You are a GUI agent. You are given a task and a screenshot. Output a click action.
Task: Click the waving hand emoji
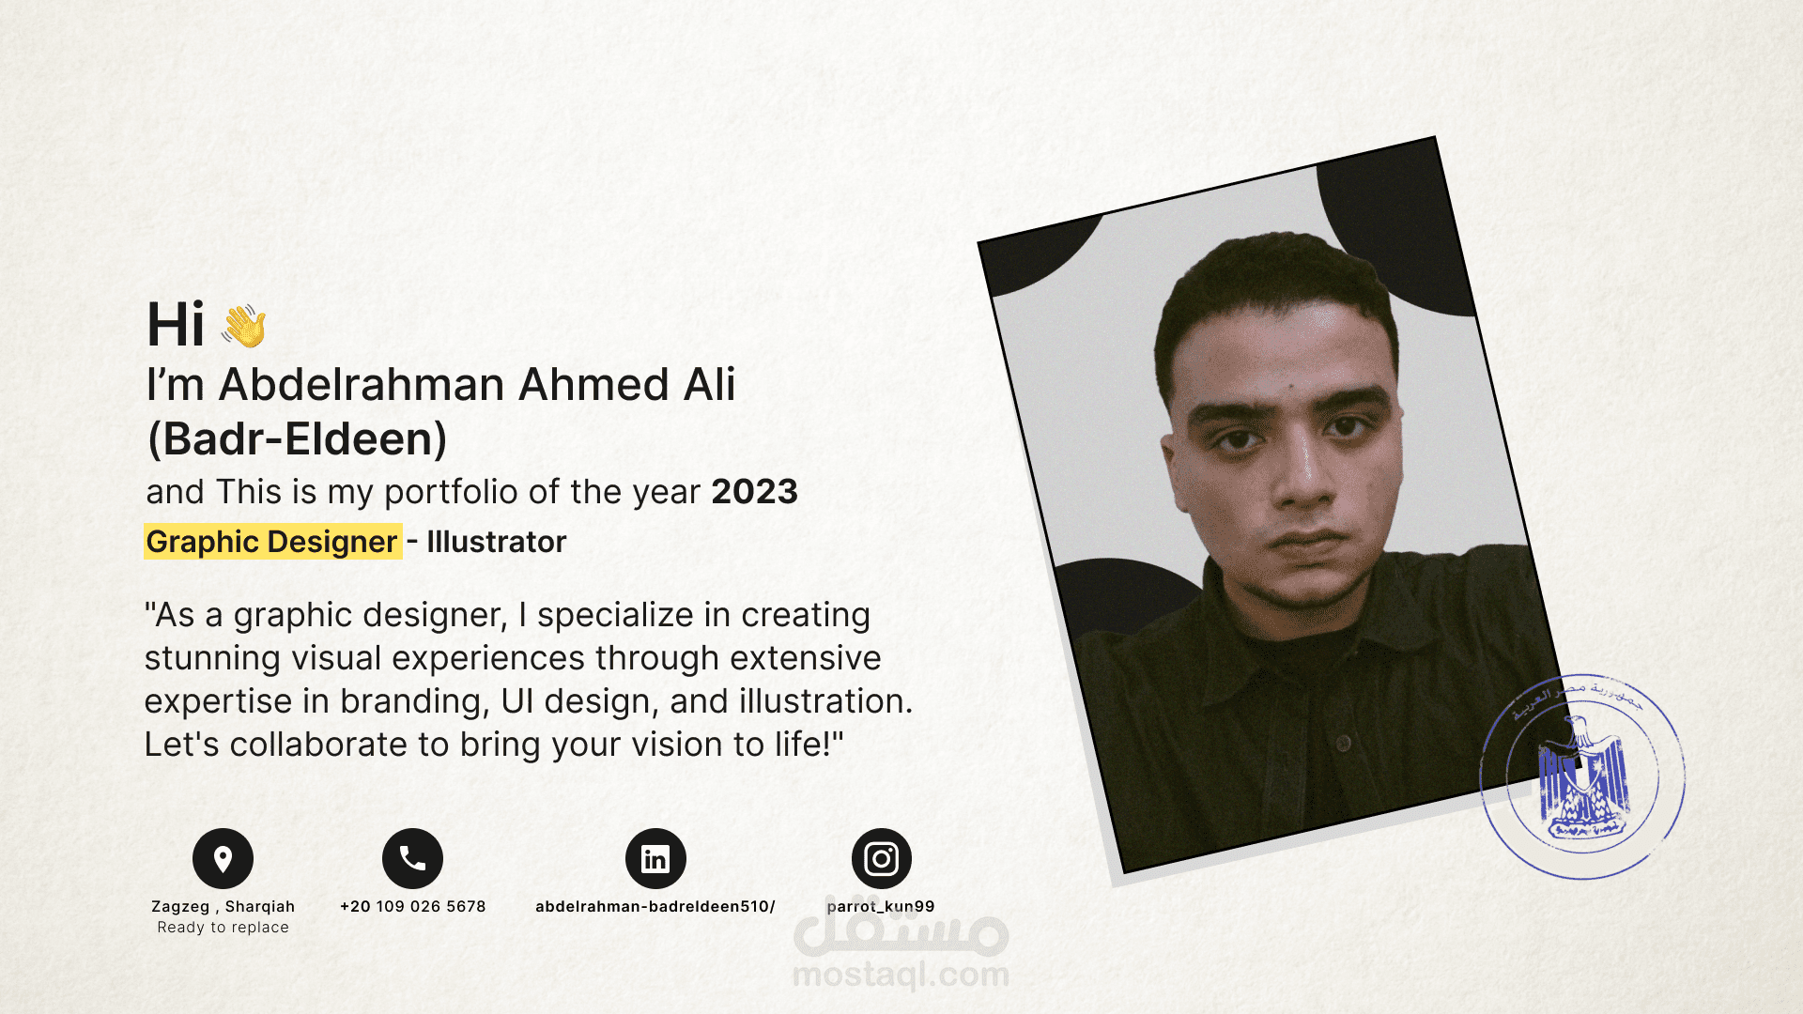(x=244, y=326)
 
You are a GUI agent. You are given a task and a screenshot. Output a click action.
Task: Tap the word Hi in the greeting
(x=176, y=326)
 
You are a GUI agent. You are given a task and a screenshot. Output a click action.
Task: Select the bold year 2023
(x=754, y=492)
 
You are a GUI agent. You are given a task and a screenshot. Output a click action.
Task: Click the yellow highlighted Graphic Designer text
(x=272, y=542)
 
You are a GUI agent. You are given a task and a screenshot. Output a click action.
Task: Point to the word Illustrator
(x=497, y=542)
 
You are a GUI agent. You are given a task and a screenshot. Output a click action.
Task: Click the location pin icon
(x=223, y=858)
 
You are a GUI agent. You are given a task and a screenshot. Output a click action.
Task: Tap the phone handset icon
(x=412, y=858)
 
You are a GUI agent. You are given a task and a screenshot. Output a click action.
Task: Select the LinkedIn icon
(x=655, y=858)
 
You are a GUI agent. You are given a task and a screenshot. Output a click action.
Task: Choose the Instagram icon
(x=881, y=858)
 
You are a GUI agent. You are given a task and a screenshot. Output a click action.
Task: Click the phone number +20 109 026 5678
(x=412, y=906)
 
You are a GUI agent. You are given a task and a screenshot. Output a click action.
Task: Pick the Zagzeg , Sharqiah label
(x=223, y=906)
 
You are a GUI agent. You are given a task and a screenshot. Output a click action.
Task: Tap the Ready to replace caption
(x=223, y=928)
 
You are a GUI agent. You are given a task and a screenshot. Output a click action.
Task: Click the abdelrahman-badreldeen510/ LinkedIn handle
(x=655, y=906)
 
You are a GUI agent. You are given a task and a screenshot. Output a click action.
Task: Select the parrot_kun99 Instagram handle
(x=881, y=906)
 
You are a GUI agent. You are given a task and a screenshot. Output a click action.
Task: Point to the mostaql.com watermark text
(x=901, y=975)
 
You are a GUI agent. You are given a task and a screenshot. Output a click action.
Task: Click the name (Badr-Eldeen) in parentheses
(x=297, y=438)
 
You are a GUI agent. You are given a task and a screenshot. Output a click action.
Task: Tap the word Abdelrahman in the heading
(x=362, y=385)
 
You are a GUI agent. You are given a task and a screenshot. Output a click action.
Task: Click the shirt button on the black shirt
(x=1344, y=744)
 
